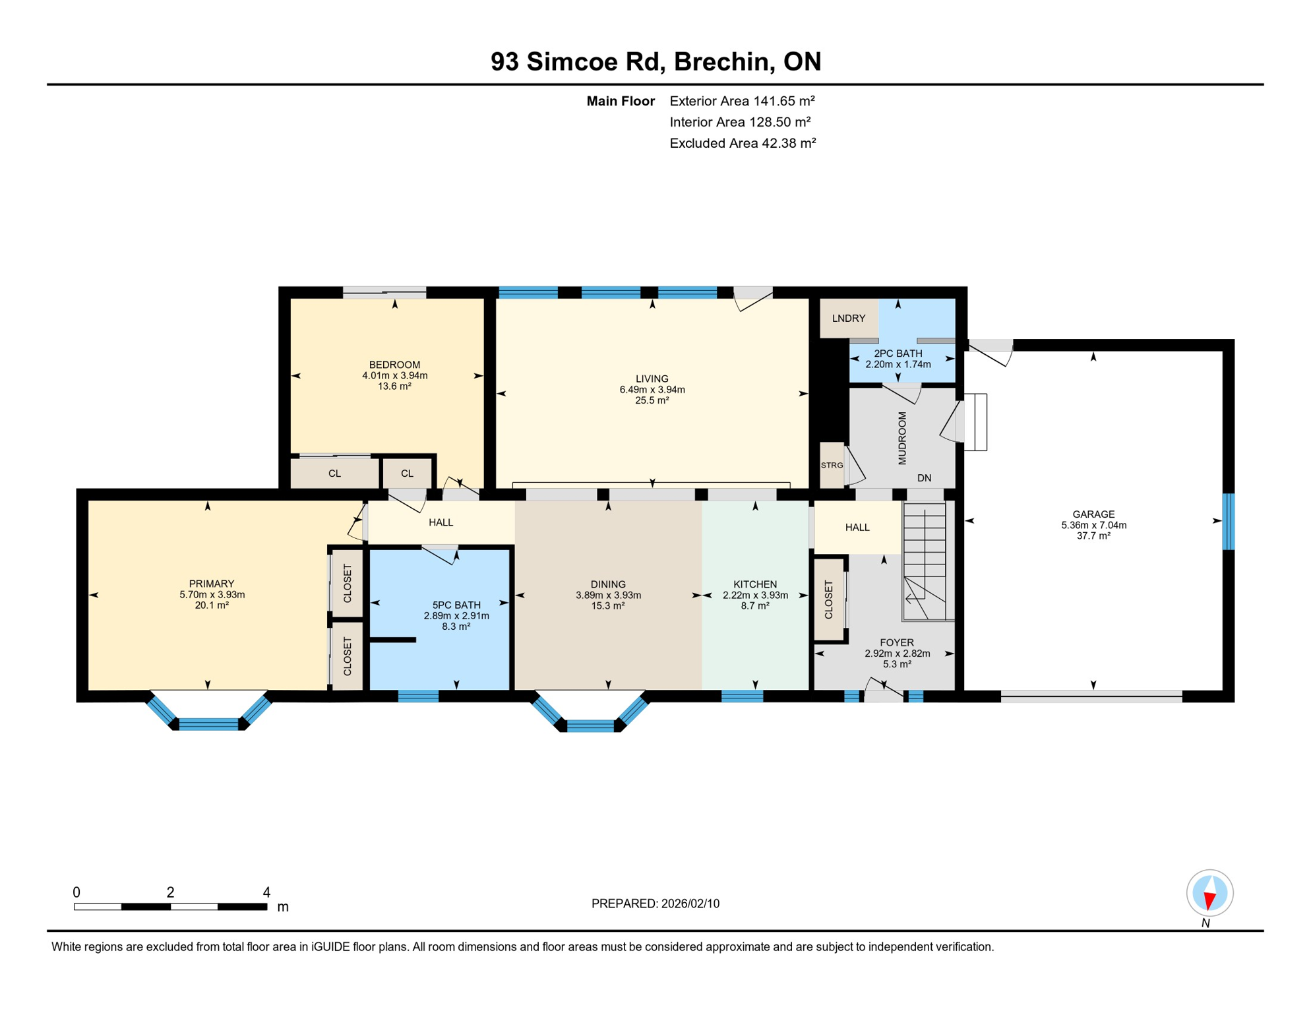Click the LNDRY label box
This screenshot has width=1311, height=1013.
click(x=848, y=319)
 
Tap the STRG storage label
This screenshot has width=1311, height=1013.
click(x=832, y=466)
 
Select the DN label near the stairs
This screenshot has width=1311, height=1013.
click(x=924, y=478)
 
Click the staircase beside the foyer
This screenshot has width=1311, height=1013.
click(x=925, y=561)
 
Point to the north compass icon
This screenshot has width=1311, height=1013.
click(x=1209, y=894)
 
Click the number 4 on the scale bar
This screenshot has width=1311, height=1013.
click(x=266, y=893)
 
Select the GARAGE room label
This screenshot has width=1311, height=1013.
click(x=1093, y=514)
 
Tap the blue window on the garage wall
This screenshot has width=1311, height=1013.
click(x=1228, y=522)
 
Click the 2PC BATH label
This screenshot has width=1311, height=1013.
click(x=898, y=353)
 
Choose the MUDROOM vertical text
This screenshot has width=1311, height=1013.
click(x=902, y=439)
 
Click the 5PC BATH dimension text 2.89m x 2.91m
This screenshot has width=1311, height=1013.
click(x=456, y=616)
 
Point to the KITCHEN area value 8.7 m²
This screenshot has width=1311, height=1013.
click(x=755, y=606)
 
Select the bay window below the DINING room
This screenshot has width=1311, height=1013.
click(x=590, y=725)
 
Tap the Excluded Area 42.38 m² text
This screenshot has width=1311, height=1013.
click(x=743, y=143)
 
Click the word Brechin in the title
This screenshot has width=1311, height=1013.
click(x=722, y=61)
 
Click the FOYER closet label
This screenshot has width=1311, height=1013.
click(x=829, y=599)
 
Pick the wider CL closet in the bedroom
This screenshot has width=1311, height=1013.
click(x=334, y=474)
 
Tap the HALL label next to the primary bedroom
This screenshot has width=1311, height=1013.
click(x=441, y=522)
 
